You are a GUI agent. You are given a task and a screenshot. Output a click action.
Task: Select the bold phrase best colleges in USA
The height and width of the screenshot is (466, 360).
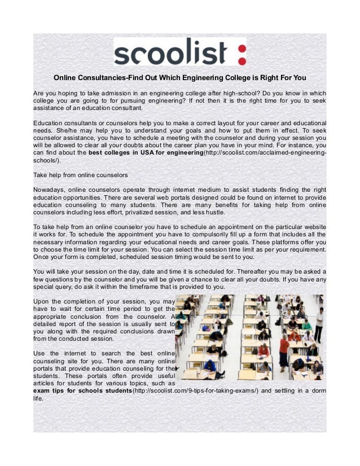pyautogui.click(x=121, y=152)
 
